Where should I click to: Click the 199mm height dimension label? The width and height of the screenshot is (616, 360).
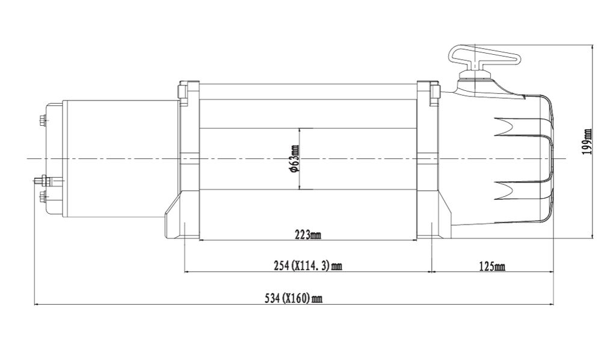pyautogui.click(x=587, y=141)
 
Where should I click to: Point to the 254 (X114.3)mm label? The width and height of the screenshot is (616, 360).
pyautogui.click(x=307, y=266)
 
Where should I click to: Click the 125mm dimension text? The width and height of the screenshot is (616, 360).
pyautogui.click(x=492, y=267)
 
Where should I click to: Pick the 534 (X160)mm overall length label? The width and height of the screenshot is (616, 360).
pyautogui.click(x=294, y=299)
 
